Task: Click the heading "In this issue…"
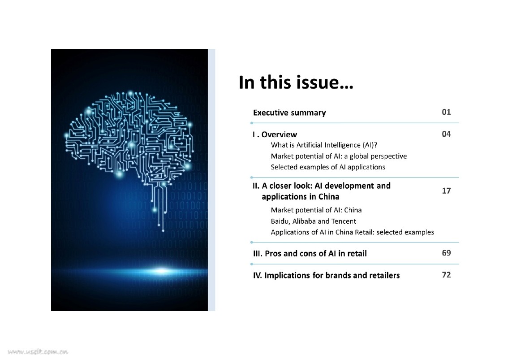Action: pos(296,83)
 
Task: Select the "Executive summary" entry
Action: pos(289,113)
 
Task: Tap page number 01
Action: pos(446,112)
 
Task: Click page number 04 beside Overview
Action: pos(446,134)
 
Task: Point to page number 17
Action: pos(446,191)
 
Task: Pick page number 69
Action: pos(446,253)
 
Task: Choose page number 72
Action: pos(446,275)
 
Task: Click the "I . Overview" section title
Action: pos(275,134)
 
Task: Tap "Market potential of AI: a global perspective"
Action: pos(339,156)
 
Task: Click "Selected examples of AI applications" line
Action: pos(328,167)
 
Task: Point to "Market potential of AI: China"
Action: pos(316,210)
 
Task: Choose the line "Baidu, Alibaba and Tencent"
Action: pos(314,221)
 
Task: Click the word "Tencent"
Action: pos(344,221)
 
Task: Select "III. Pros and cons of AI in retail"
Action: pos(310,254)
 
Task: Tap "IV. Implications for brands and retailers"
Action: pos(327,275)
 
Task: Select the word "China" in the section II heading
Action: pos(329,197)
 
